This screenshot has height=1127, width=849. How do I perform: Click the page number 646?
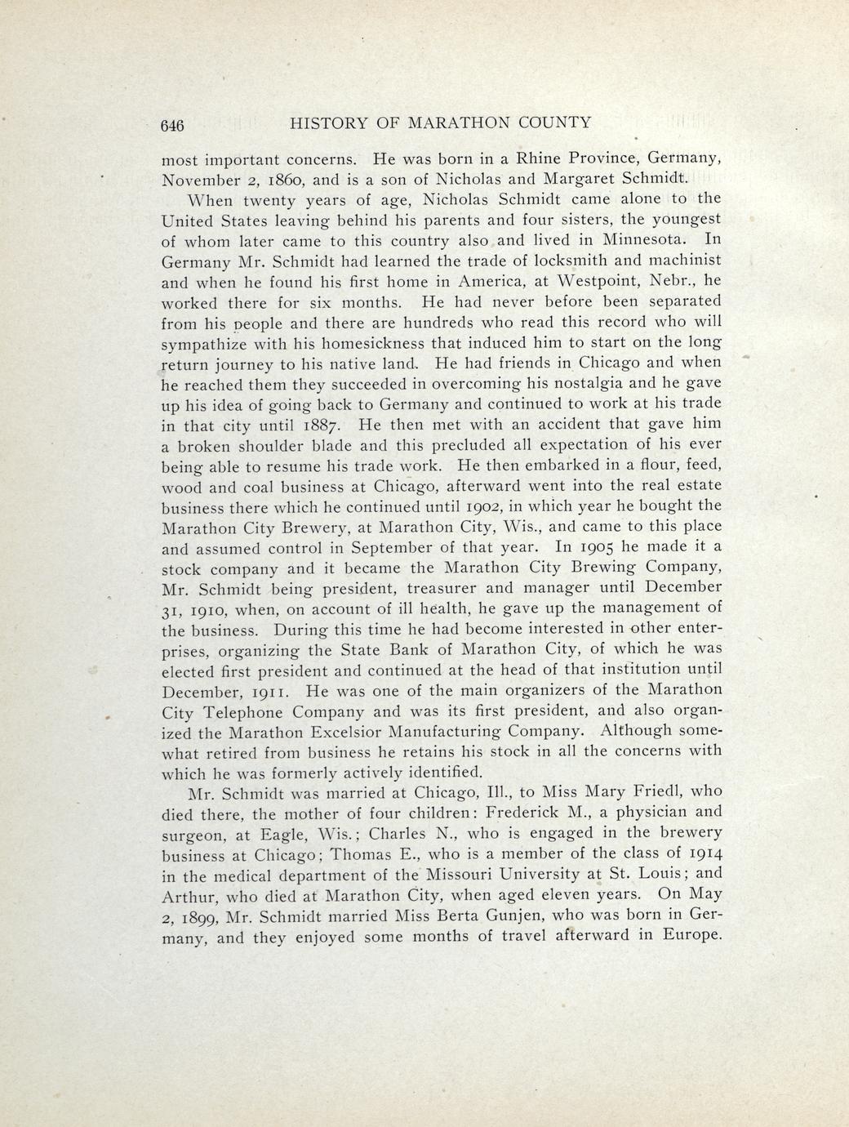pyautogui.click(x=173, y=125)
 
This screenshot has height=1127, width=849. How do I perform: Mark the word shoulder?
pyautogui.click(x=280, y=446)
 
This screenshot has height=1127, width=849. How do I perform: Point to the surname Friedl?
pyautogui.click(x=653, y=791)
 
